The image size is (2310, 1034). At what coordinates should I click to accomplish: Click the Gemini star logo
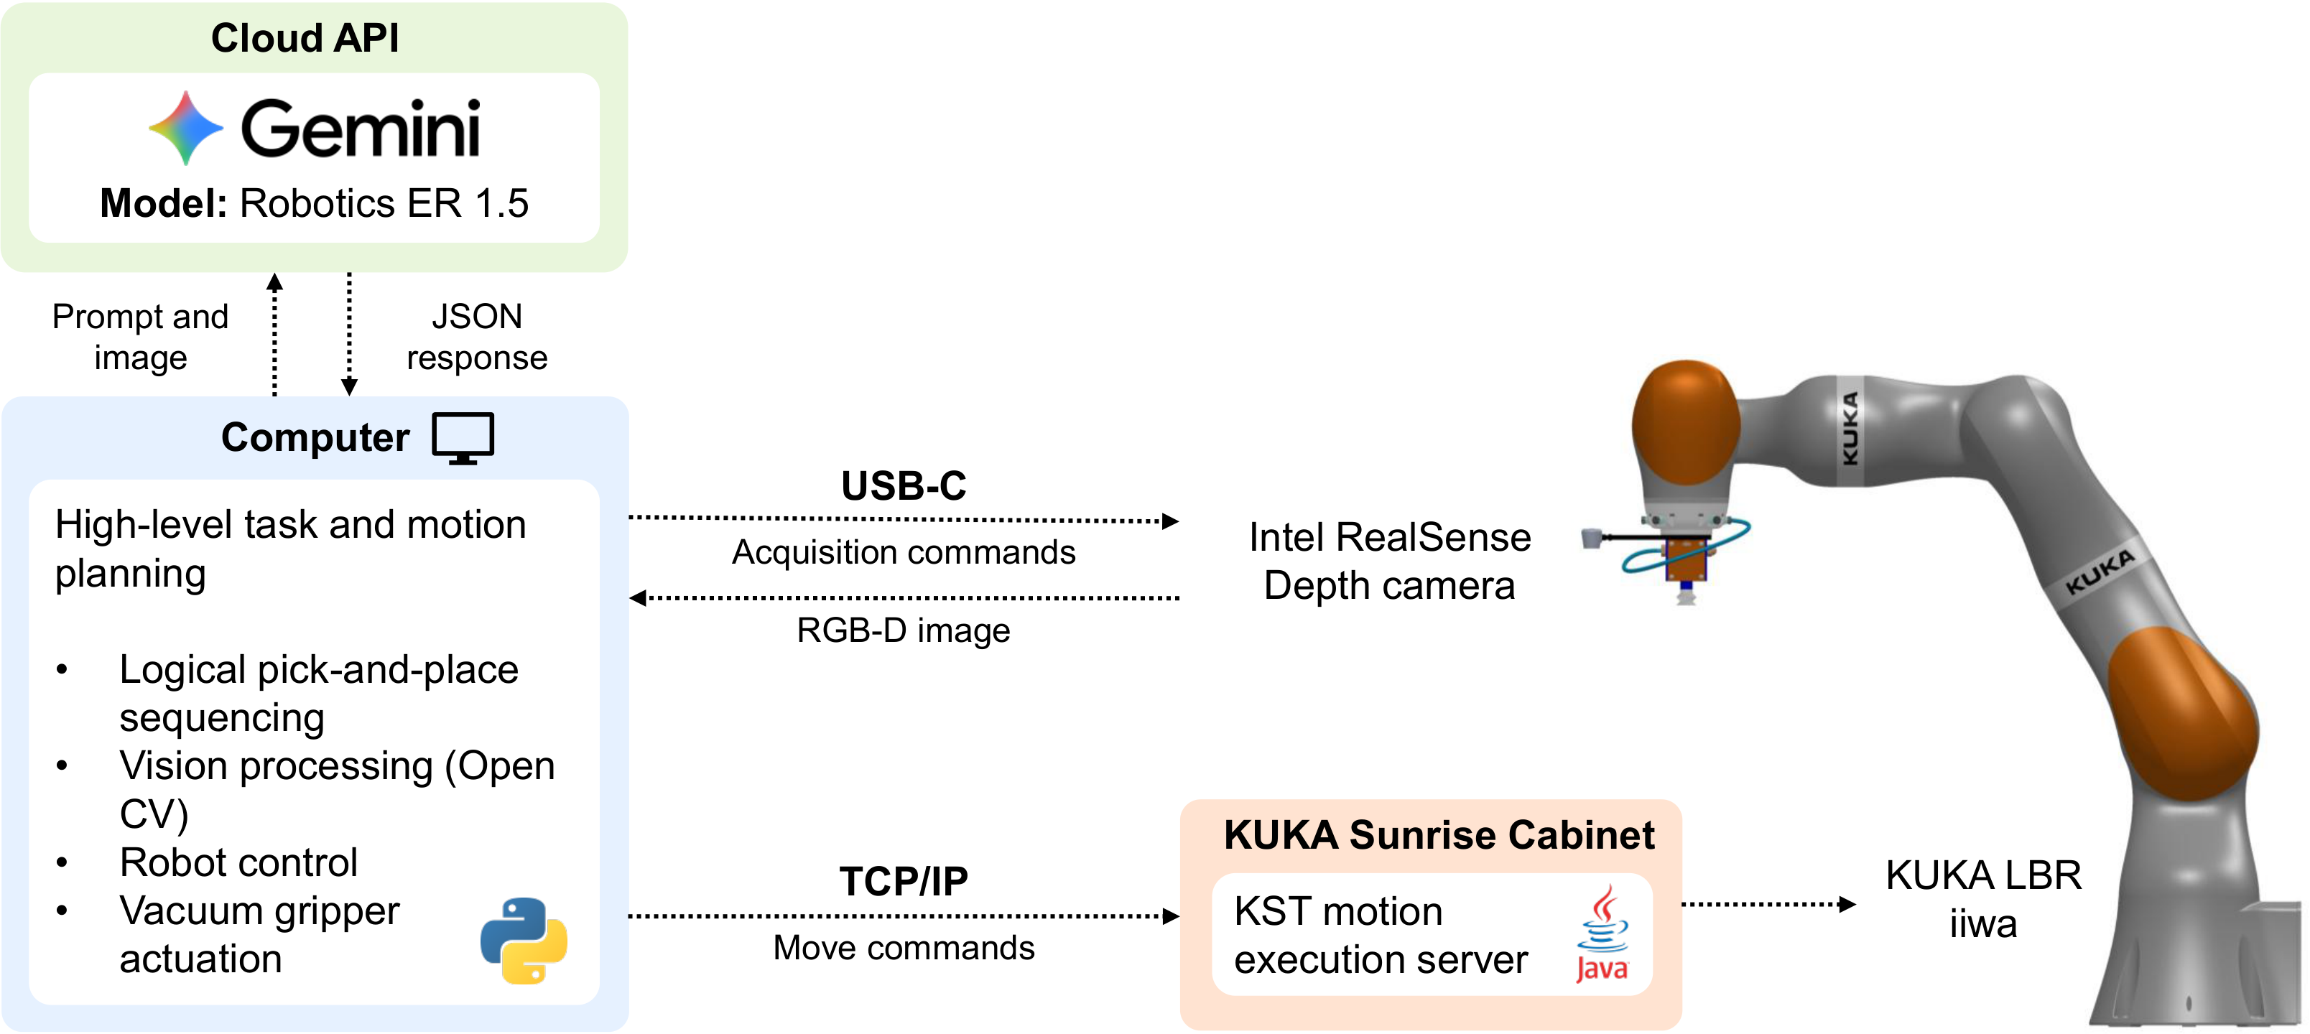pos(185,129)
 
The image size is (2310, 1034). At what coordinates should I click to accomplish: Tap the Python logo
pos(524,941)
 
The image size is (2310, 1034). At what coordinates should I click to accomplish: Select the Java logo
pos(1602,933)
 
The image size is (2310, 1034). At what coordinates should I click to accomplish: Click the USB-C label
pos(904,485)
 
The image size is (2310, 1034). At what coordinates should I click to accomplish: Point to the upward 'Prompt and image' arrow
pos(275,335)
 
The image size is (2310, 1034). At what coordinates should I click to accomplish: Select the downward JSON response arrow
pos(350,335)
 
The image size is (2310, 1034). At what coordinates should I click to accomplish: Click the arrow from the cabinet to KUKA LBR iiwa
pos(1768,904)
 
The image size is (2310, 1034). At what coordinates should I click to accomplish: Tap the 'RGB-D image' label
pos(904,630)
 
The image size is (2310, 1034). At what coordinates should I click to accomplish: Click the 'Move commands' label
pos(904,948)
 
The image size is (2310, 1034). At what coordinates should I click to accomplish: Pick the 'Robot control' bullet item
pos(238,862)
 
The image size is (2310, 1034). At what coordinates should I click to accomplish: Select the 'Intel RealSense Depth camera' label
pos(1390,562)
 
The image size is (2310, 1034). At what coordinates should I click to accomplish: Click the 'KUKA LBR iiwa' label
pos(1984,898)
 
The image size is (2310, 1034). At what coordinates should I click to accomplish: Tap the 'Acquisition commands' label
pos(904,552)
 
